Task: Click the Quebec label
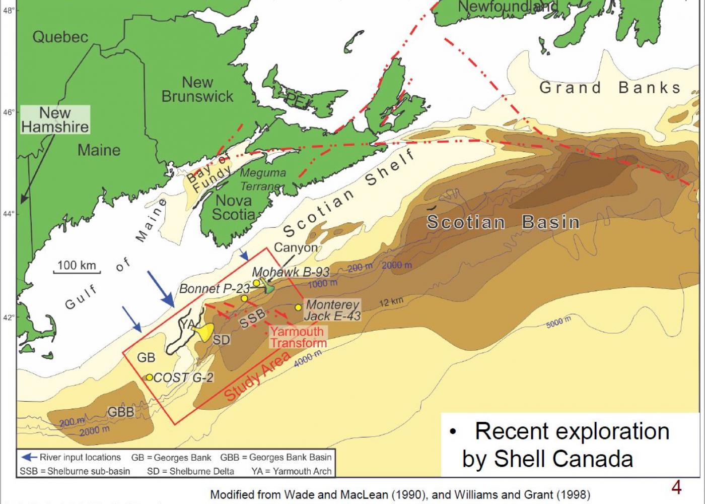60,37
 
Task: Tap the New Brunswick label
197,89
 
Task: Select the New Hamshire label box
55,119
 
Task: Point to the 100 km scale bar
77,272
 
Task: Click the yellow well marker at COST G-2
149,377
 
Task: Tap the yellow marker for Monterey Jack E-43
298,307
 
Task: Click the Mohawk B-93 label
291,272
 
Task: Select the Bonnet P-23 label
214,289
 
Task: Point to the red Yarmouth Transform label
298,337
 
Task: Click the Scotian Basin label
503,222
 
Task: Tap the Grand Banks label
610,88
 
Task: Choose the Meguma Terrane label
262,179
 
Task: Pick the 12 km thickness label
391,302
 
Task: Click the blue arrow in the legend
29,457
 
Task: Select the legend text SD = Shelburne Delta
190,471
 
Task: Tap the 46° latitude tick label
9,112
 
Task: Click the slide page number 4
676,487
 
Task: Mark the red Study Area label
257,376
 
